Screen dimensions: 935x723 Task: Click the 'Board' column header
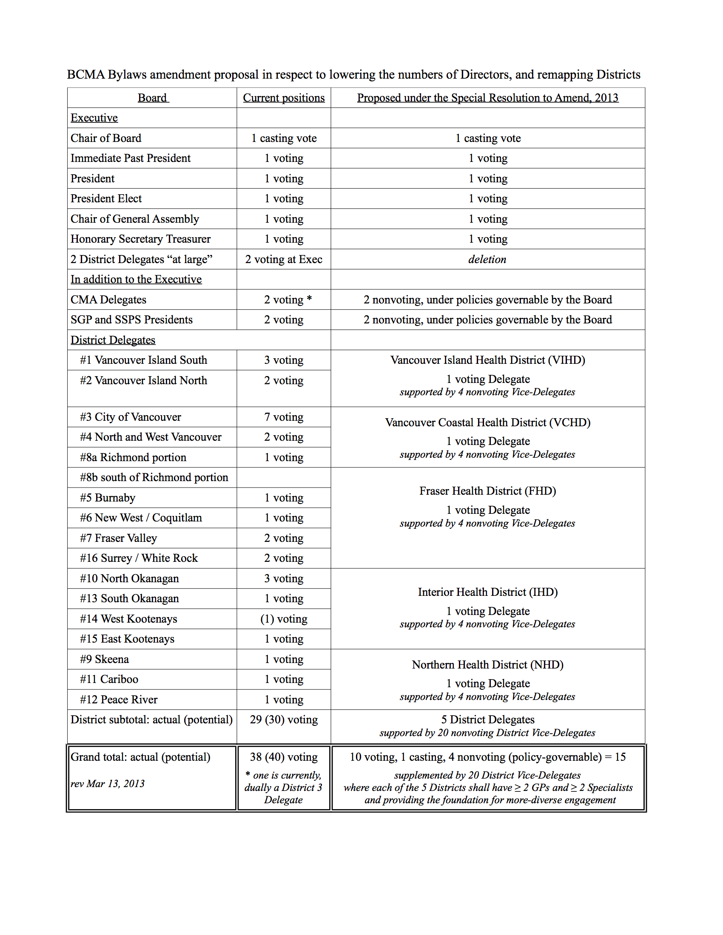pyautogui.click(x=153, y=98)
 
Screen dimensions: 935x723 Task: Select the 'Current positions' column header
pyautogui.click(x=284, y=98)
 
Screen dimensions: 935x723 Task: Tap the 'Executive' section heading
pyautogui.click(x=94, y=118)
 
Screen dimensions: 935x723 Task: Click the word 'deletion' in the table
pyautogui.click(x=487, y=259)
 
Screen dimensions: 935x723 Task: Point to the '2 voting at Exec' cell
pyautogui.click(x=284, y=259)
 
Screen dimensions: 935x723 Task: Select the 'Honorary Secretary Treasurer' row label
pyautogui.click(x=140, y=239)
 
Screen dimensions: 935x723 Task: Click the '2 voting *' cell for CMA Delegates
pyautogui.click(x=287, y=300)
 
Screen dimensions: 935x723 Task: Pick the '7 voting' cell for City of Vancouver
pyautogui.click(x=284, y=417)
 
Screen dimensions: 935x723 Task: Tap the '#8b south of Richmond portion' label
pyautogui.click(x=154, y=477)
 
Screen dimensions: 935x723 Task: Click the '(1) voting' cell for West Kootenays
pyautogui.click(x=284, y=619)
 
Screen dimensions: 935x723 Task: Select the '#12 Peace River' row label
pyautogui.click(x=119, y=700)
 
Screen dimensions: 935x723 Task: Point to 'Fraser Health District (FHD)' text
pyautogui.click(x=487, y=491)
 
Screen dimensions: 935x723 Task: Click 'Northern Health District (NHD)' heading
pyautogui.click(x=487, y=665)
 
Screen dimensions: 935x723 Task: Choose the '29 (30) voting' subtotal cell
pyautogui.click(x=284, y=720)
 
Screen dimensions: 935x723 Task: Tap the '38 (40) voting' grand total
pyautogui.click(x=284, y=757)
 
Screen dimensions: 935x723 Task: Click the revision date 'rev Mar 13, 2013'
pyautogui.click(x=108, y=783)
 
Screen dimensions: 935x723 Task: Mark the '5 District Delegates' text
pyautogui.click(x=487, y=720)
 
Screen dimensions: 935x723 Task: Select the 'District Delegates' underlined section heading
pyautogui.click(x=113, y=340)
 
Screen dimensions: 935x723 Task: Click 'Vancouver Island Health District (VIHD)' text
pyautogui.click(x=487, y=360)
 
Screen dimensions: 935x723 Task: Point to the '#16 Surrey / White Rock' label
pyautogui.click(x=139, y=558)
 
